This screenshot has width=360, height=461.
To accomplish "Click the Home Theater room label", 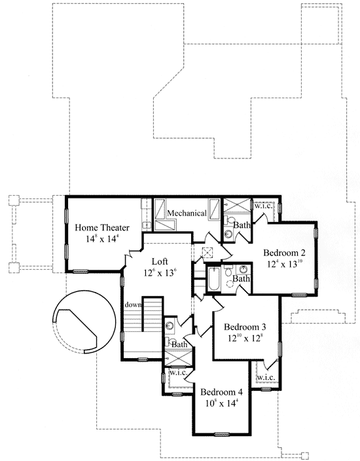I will click(x=101, y=227).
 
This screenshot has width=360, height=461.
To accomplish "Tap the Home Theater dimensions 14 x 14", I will click(x=101, y=239).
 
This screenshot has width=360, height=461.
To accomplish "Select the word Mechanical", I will click(x=187, y=213).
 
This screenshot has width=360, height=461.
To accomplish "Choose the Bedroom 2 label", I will click(x=285, y=253).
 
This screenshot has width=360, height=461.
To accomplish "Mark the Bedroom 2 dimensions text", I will click(x=285, y=265).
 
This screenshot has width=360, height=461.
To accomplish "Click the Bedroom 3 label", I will click(x=245, y=327).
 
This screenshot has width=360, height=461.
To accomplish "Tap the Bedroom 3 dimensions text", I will click(x=245, y=339).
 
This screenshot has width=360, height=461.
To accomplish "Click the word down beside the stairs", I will click(x=134, y=304).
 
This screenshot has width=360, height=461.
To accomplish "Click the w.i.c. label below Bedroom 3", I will click(x=265, y=378).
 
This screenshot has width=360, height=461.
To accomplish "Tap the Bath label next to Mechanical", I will click(x=242, y=225).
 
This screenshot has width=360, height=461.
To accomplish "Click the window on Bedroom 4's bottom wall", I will click(x=222, y=434).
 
